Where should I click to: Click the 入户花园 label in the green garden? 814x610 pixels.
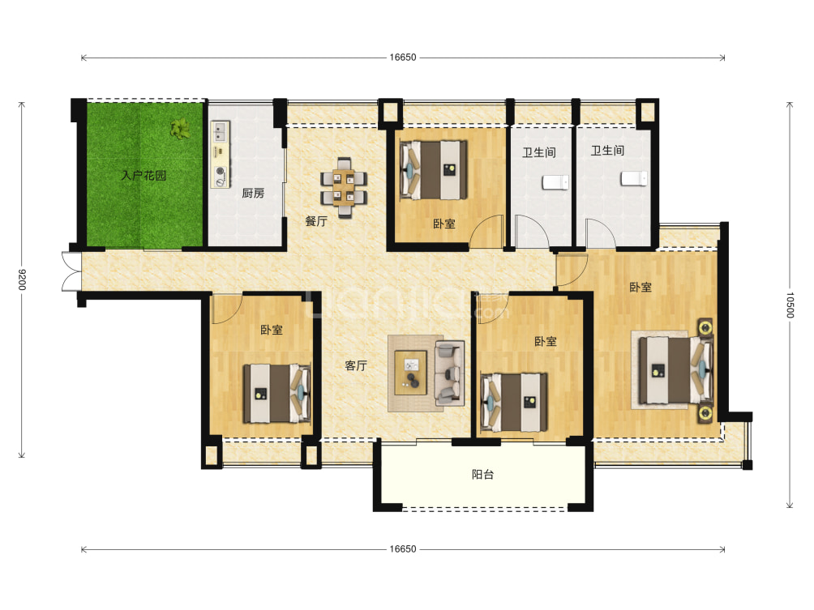[x=144, y=175]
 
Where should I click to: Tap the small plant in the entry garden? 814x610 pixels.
[x=180, y=128]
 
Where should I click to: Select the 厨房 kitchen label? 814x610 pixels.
[x=253, y=194]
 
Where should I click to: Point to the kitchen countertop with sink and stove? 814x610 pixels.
[x=221, y=154]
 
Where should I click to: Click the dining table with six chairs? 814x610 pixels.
[x=344, y=187]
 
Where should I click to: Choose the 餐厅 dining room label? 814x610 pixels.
[x=316, y=221]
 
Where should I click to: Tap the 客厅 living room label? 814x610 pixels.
[x=356, y=365]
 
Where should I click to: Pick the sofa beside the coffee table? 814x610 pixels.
[x=450, y=373]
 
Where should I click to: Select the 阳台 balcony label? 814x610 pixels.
[x=482, y=474]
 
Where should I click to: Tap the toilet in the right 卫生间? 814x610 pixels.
[x=634, y=178]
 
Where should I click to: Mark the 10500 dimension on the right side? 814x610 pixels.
[x=790, y=305]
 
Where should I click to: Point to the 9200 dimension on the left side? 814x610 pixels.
[x=21, y=279]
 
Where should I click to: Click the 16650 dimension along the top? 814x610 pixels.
[x=403, y=58]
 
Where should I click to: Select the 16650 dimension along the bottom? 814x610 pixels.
[x=403, y=549]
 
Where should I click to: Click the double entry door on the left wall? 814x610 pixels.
[x=71, y=272]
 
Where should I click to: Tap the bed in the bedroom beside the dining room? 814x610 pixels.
[x=434, y=170]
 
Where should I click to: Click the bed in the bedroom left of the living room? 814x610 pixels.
[x=276, y=394]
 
